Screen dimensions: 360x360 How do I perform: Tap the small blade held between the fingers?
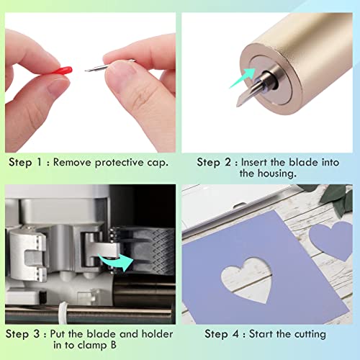(97, 69)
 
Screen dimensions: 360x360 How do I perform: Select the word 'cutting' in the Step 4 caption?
(307, 334)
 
